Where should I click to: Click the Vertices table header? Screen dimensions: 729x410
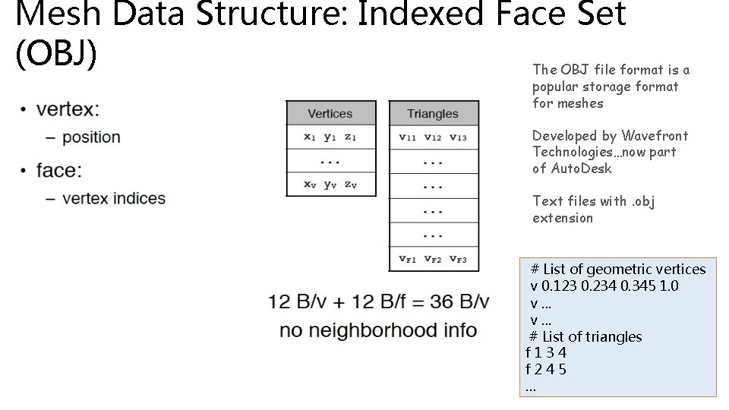[x=330, y=114]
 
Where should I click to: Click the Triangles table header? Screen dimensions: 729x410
[x=433, y=114]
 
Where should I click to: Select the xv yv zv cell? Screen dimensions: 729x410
[x=330, y=184]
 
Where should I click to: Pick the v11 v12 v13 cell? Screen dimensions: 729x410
[x=433, y=137]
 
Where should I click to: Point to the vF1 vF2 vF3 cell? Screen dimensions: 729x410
[x=433, y=259]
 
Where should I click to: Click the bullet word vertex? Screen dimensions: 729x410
[x=68, y=109]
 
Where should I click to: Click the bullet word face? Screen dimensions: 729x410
[x=58, y=170]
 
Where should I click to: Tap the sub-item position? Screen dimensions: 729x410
[x=91, y=137]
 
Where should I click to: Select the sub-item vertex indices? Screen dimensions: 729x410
[x=114, y=199]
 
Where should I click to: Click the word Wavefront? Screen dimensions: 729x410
[x=655, y=136]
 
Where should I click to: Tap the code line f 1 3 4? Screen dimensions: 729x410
[x=546, y=353]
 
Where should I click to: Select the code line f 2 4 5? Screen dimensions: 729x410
[x=546, y=370]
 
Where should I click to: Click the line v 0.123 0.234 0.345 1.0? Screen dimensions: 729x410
[x=604, y=286]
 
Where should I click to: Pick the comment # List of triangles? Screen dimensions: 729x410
[x=585, y=336]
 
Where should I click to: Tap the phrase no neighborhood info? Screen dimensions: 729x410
[x=378, y=330]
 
